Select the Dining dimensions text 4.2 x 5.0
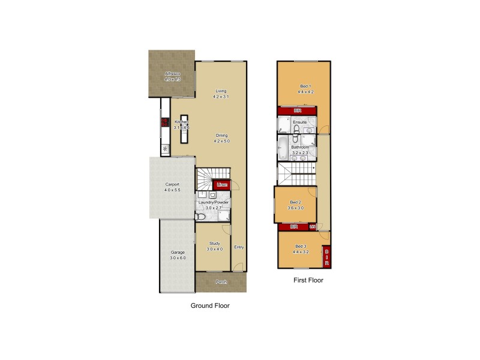tap(221, 142)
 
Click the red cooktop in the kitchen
tap(164, 124)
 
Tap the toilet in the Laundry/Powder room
tap(202, 217)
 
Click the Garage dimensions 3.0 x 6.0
tap(178, 258)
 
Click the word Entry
tap(239, 247)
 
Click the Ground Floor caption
tap(210, 305)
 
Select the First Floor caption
tap(308, 280)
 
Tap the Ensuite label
tap(300, 122)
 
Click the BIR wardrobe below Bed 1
tap(297, 111)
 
